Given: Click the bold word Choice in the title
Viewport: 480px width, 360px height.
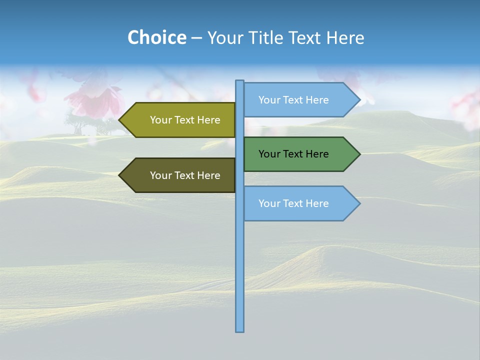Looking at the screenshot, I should pyautogui.click(x=156, y=37).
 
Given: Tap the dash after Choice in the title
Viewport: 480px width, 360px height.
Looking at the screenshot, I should pyautogui.click(x=196, y=38).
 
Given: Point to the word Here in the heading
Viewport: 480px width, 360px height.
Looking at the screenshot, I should pyautogui.click(x=345, y=37).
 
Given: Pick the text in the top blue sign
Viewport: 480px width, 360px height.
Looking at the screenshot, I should pyautogui.click(x=293, y=100).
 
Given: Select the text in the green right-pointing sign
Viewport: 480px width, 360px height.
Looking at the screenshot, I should pyautogui.click(x=293, y=154).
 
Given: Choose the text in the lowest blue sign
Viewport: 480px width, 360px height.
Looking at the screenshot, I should pyautogui.click(x=293, y=203).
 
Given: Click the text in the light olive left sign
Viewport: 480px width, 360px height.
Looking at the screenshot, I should pyautogui.click(x=185, y=120).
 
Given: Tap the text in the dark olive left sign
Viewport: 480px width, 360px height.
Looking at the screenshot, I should pyautogui.click(x=185, y=175).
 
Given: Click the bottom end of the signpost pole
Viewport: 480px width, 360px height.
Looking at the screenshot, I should pyautogui.click(x=239, y=330).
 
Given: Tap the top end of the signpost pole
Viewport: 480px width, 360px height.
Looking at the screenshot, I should pyautogui.click(x=239, y=82).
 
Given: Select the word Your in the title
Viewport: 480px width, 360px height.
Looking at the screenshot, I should pyautogui.click(x=224, y=37).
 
